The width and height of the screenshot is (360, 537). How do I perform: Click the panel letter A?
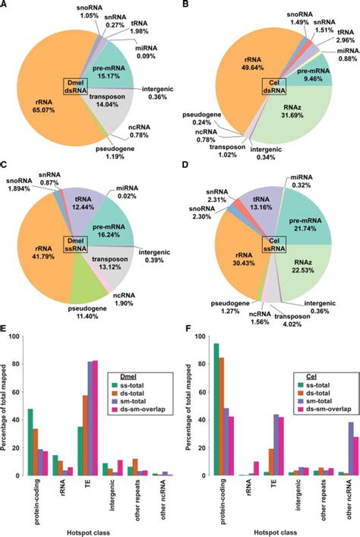point(7,6)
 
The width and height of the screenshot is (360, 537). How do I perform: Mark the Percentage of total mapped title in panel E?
point(6,406)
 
